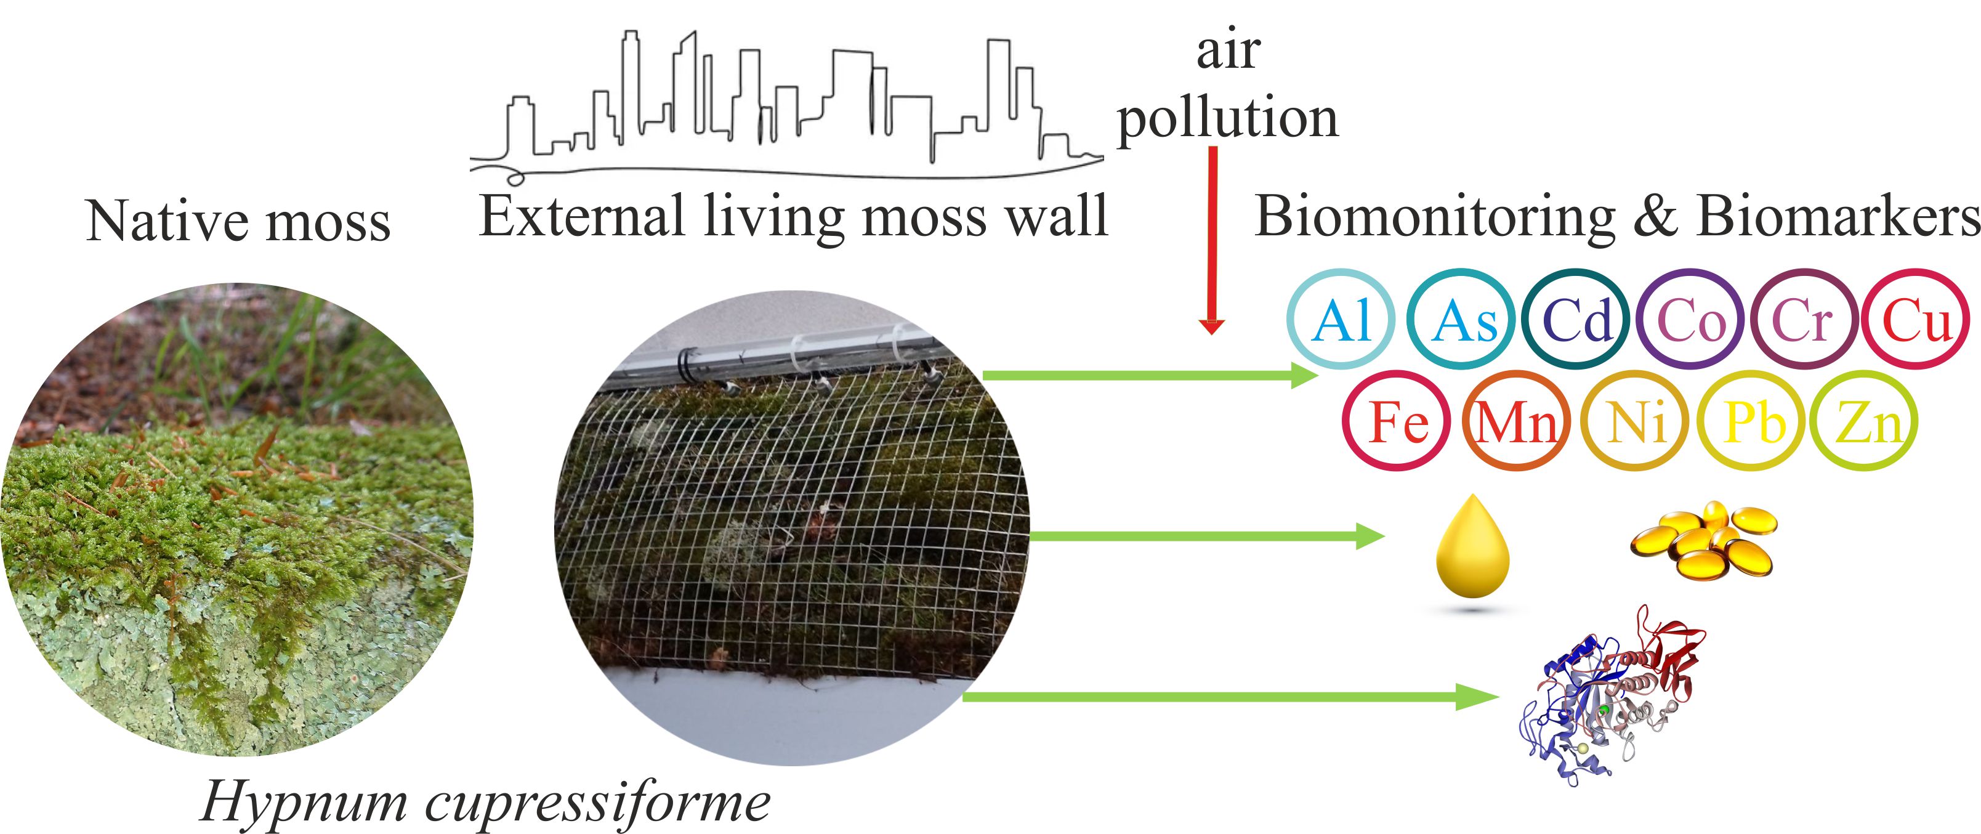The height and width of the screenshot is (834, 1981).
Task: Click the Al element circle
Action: [x=1341, y=319]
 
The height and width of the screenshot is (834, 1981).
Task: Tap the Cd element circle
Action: [x=1576, y=319]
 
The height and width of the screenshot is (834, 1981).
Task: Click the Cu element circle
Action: [x=1916, y=319]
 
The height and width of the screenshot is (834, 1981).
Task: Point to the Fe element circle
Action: [x=1397, y=421]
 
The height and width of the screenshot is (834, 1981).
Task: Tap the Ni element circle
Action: [x=1635, y=421]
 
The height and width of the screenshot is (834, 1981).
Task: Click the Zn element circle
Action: [x=1864, y=421]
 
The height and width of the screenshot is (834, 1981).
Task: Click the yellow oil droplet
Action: [x=1472, y=548]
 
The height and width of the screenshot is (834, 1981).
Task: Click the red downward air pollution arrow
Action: [x=1212, y=238]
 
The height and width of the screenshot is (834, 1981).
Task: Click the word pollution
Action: [x=1227, y=119]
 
